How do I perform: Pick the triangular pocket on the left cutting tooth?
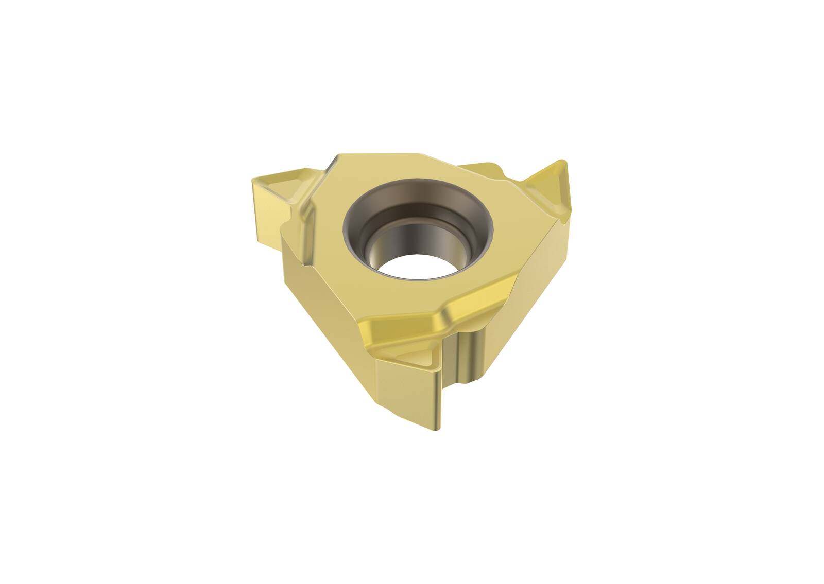click(281, 185)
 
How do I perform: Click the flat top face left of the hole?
click(324, 232)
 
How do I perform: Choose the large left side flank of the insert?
click(330, 309)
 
